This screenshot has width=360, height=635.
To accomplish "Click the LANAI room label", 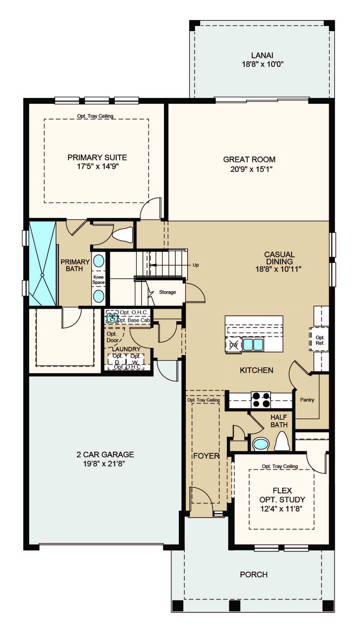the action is pos(262,55).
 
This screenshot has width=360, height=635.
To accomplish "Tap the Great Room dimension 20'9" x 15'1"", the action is pos(251,169).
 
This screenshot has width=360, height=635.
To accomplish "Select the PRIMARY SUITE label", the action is pos(97,158).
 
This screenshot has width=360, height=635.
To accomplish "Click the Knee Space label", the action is pos(99,280).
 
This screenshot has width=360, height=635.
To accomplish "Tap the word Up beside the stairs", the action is pos(196,265).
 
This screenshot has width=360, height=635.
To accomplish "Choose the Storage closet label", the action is pos(168,292).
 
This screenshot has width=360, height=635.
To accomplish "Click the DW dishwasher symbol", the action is pos(234,345).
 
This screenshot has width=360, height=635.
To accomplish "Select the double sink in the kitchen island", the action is pos(253,345).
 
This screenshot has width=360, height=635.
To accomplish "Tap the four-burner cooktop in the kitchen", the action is pos(261,400).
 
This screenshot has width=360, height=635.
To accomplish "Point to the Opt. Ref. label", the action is pos(320,340).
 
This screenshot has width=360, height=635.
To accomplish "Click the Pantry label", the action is pos(307,400).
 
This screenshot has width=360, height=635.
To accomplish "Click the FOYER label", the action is pos(206,456).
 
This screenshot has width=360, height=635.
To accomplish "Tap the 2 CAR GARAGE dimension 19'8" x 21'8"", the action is pos(104,464).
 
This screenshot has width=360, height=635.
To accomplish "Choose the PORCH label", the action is pos(254,574).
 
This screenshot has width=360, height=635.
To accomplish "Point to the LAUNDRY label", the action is pos(126,349).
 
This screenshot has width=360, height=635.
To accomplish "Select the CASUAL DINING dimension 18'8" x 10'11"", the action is pos(279,269).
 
